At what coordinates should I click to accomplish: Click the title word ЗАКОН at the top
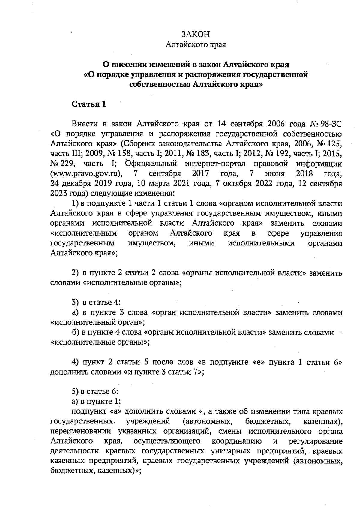coord(196,34)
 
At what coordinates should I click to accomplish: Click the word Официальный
coord(151,164)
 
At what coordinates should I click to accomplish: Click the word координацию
coord(236,441)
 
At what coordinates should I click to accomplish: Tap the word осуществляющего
coord(167,441)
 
